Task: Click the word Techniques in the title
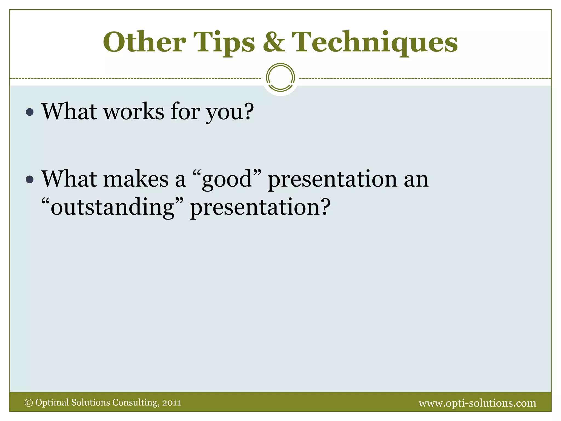click(375, 42)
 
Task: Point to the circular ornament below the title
click(280, 78)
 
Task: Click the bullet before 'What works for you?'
click(30, 112)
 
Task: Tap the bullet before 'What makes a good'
click(30, 180)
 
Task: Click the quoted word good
click(227, 180)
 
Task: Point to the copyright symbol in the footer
click(28, 403)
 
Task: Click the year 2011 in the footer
click(171, 403)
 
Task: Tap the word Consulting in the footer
click(135, 403)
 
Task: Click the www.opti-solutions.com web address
click(477, 403)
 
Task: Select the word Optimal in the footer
click(52, 403)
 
